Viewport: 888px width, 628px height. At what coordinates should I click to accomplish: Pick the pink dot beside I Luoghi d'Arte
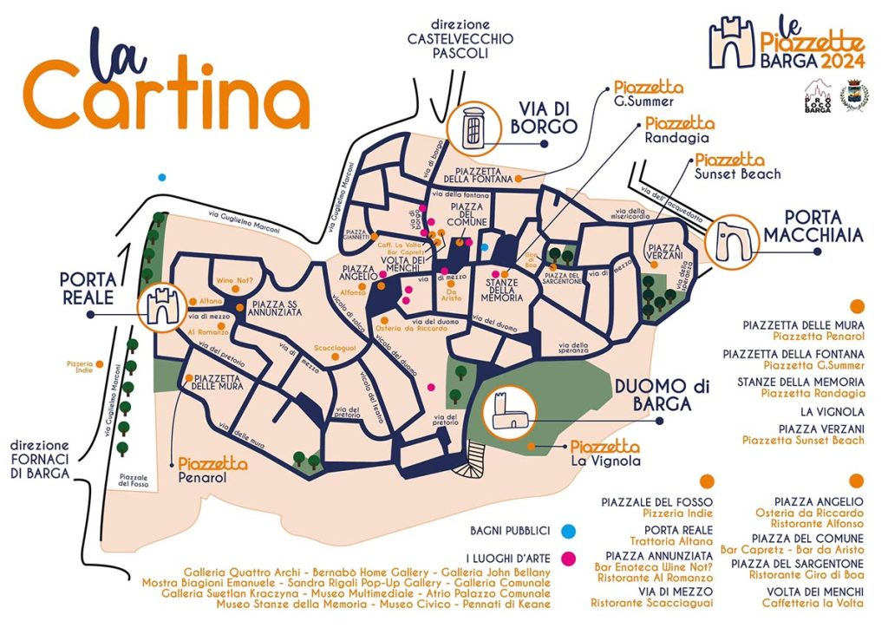567,558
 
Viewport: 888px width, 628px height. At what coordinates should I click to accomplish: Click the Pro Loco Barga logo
819,95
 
